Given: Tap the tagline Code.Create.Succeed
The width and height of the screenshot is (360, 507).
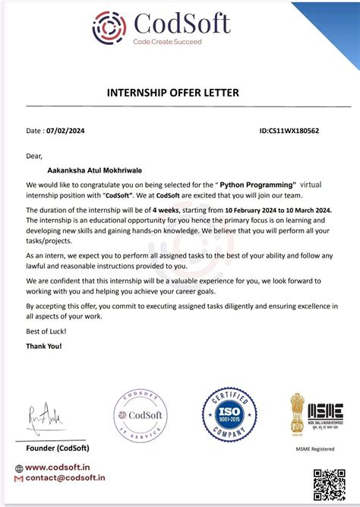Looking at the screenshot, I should tap(168, 42).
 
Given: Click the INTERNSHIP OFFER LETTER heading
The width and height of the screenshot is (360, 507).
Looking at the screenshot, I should tap(178, 93).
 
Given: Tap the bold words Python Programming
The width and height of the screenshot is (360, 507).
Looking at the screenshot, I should tap(257, 185).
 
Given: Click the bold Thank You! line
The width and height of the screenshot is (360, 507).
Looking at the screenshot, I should tap(44, 346).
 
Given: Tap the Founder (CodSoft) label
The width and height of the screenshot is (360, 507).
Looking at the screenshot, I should tap(57, 448).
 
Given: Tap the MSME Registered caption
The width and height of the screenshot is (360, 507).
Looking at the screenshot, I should tap(315, 449).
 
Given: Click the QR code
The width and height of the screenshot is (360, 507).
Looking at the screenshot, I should tap(329, 484).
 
